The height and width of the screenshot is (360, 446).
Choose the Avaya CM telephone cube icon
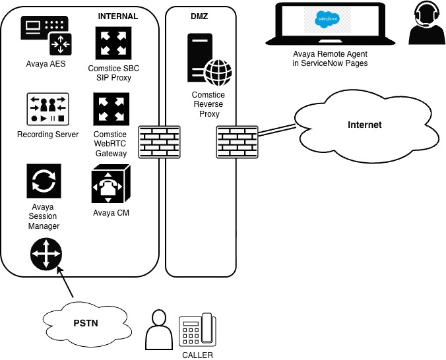coord(110,184)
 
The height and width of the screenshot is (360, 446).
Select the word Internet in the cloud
coord(364,125)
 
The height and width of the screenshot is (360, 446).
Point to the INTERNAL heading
coord(117,16)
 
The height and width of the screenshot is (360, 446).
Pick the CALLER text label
coord(197,355)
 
